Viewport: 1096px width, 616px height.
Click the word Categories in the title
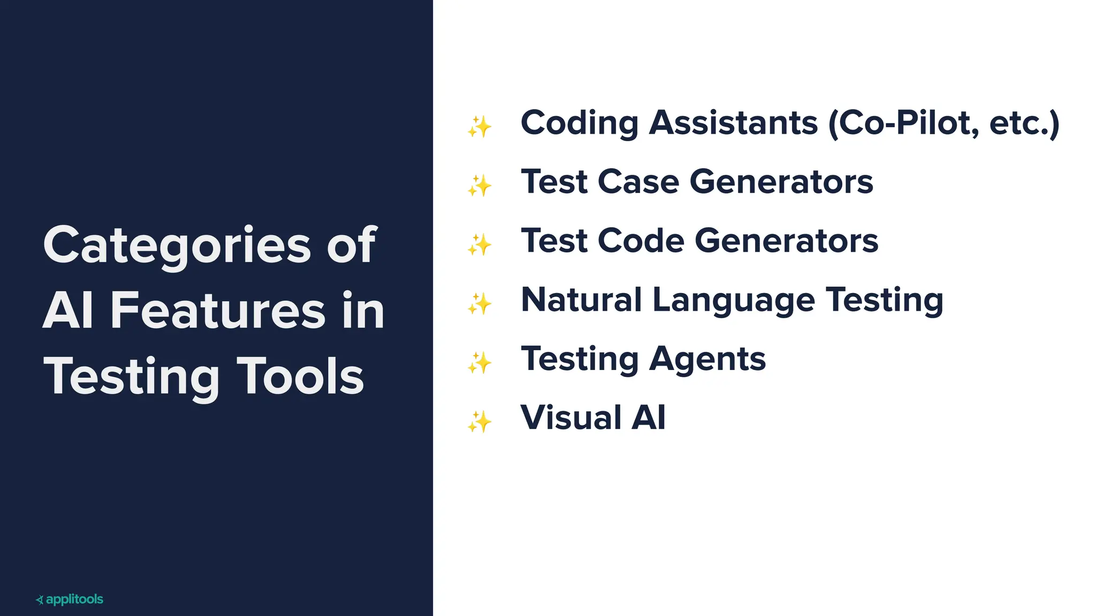coord(177,245)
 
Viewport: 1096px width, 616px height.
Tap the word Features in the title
coord(218,311)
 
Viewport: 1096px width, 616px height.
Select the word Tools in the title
coord(300,376)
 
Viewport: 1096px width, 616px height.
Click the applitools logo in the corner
coord(70,599)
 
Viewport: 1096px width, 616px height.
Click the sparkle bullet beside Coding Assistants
coord(479,127)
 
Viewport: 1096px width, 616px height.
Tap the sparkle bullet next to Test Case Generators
coord(479,186)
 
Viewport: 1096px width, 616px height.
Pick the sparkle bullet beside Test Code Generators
coord(479,244)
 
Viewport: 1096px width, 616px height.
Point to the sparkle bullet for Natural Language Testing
coord(479,304)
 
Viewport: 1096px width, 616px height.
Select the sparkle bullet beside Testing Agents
coord(479,363)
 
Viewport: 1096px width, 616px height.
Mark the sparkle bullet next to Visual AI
coord(479,421)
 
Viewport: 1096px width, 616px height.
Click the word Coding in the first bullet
coord(580,124)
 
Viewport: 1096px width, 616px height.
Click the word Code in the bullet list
coord(641,241)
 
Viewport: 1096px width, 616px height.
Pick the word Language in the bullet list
coord(734,301)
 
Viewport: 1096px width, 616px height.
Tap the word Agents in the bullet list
coord(707,359)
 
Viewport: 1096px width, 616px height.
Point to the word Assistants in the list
coord(734,124)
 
